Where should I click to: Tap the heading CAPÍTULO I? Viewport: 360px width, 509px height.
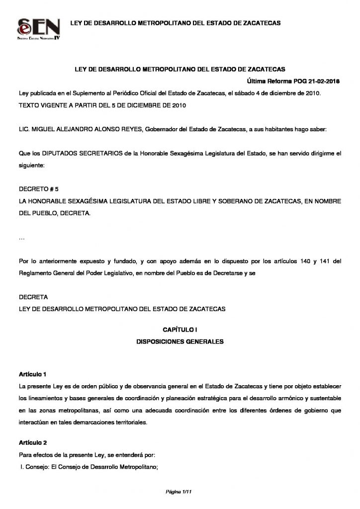point(180,330)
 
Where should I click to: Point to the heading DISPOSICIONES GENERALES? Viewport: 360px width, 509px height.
point(180,342)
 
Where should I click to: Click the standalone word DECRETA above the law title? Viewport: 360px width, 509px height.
point(33,297)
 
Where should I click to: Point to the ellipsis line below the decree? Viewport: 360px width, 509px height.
point(21,239)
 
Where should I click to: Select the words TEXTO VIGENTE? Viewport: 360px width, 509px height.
point(42,106)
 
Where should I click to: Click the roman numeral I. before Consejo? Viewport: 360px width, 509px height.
point(22,466)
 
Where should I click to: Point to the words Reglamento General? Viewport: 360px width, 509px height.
point(42,273)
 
